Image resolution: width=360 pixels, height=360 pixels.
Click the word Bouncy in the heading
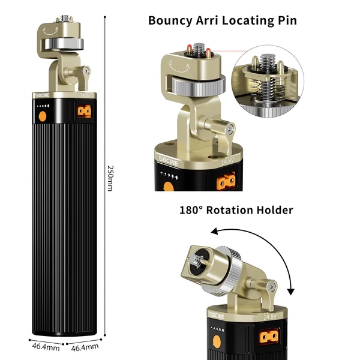click(170, 21)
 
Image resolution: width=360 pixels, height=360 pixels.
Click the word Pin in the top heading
click(287, 20)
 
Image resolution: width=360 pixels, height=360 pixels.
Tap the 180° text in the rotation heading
click(191, 210)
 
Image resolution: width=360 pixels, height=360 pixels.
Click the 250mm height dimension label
click(110, 178)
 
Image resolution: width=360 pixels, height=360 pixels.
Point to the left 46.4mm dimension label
click(46, 346)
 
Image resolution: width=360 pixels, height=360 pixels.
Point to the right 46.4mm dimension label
click(85, 347)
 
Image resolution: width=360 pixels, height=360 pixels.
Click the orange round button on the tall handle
click(42, 116)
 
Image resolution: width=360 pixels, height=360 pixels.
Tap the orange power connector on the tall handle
click(84, 111)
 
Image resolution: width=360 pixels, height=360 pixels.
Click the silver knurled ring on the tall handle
click(65, 44)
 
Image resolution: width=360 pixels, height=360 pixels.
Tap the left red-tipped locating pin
click(190, 49)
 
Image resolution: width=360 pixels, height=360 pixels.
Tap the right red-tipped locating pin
click(208, 53)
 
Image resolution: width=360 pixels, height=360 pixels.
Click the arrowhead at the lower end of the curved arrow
click(291, 292)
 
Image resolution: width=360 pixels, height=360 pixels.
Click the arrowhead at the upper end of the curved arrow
click(214, 231)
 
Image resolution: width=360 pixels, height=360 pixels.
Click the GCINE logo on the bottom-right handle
click(217, 316)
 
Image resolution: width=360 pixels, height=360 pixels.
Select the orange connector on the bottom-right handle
click(269, 336)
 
